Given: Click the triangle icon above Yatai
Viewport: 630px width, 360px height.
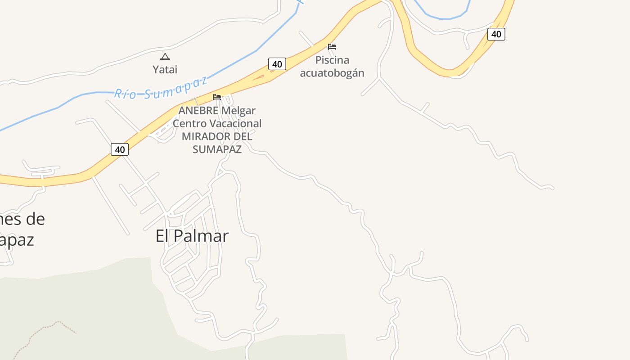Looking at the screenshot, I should (165, 57).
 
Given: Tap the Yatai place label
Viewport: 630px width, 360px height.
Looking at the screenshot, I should (165, 69).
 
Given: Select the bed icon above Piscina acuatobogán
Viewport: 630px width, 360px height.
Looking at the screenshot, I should (332, 47).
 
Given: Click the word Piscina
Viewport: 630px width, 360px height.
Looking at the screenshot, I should (332, 60).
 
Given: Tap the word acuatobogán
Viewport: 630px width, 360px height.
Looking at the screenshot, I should (332, 72).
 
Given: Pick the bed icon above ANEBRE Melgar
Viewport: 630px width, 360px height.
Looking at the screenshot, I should (217, 97).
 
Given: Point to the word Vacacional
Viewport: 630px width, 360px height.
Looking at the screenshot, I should (237, 123).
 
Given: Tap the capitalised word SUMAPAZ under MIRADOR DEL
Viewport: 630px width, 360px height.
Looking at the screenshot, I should (217, 149).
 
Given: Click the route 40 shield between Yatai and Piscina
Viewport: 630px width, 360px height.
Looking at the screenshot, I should (277, 64).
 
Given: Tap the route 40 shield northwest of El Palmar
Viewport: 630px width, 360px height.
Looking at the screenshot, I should (120, 149).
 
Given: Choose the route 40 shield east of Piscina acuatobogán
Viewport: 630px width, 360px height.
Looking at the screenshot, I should (496, 34).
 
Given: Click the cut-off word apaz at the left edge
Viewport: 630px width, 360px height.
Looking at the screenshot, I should (17, 239).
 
